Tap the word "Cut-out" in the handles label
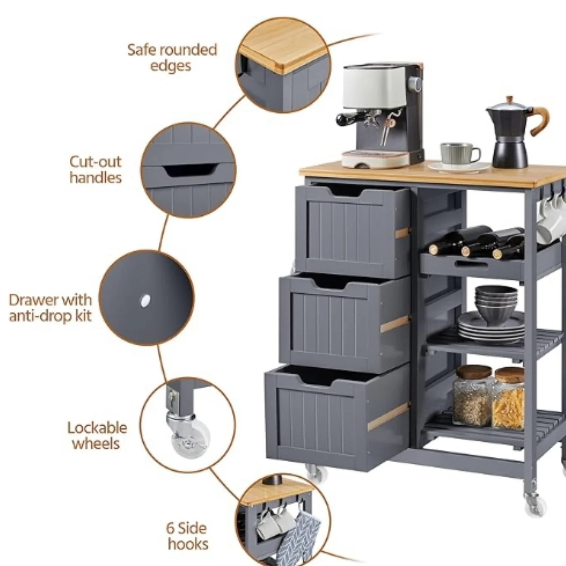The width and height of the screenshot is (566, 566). pos(95,162)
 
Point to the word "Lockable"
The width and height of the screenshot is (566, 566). pos(97,428)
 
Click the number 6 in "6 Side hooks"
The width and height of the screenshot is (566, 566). pos(171,528)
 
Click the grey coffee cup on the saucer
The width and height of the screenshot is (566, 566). pos(460,154)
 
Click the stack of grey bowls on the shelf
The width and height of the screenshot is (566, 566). pos(496,304)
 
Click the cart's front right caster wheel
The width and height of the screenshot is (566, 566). pos(534,504)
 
